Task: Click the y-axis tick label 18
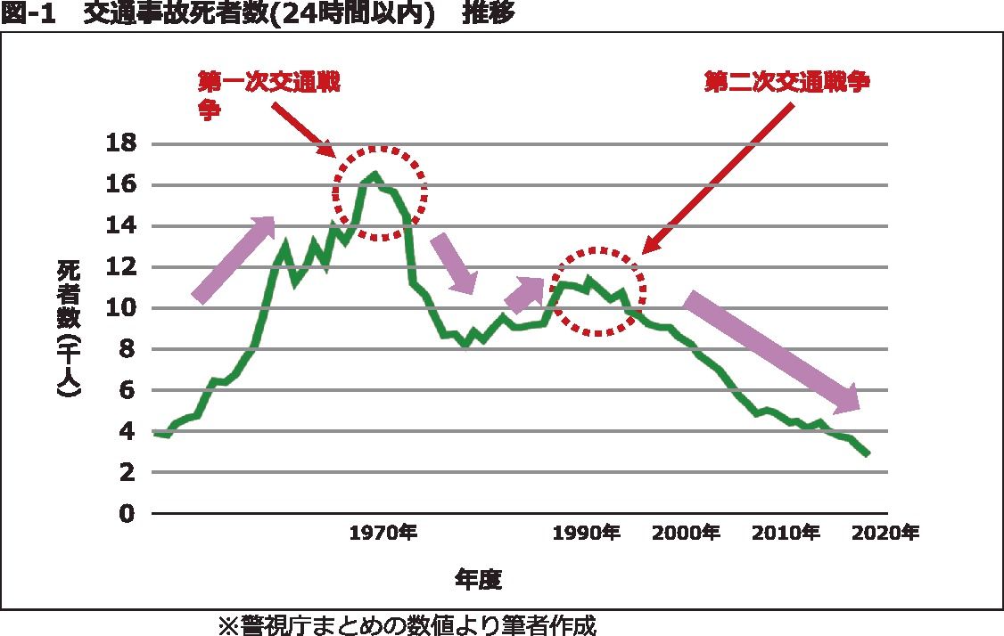pyautogui.click(x=123, y=143)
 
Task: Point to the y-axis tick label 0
pyautogui.click(x=128, y=514)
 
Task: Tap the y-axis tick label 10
pyautogui.click(x=123, y=308)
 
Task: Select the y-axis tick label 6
pyautogui.click(x=128, y=390)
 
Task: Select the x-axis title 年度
pyautogui.click(x=479, y=580)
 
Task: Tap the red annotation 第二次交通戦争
pyautogui.click(x=786, y=82)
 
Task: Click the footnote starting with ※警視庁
pyautogui.click(x=407, y=624)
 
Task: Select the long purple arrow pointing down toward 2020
pyautogui.click(x=771, y=352)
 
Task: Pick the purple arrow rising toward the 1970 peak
pyautogui.click(x=234, y=259)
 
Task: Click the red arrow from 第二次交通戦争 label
pyautogui.click(x=718, y=177)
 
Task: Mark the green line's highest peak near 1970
pyautogui.click(x=374, y=174)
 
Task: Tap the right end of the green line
pyautogui.click(x=867, y=454)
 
